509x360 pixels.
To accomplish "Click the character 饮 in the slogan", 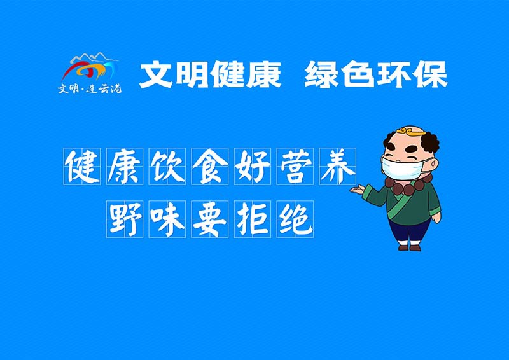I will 167,167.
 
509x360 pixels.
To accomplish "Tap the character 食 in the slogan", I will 209,167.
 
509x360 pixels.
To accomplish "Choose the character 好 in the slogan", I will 252,167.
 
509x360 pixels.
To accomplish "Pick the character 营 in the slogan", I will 295,167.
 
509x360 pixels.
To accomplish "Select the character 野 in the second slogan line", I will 124,219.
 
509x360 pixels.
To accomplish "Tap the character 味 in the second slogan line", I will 167,219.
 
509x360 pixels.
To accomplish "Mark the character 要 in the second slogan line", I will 209,219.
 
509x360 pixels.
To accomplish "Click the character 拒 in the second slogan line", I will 252,219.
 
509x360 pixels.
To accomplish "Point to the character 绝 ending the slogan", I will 295,219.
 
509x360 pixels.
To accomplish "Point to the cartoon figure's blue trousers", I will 408,232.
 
